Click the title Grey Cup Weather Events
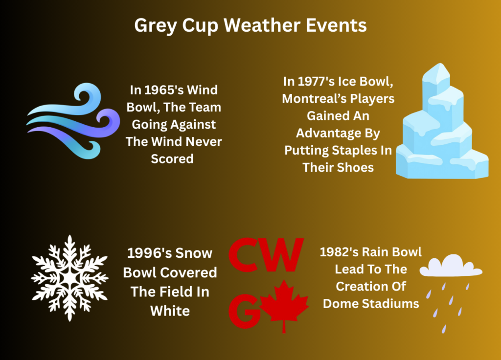point(250,25)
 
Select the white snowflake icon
point(69,278)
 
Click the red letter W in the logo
point(282,254)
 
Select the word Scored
point(172,159)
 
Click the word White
point(170,311)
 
